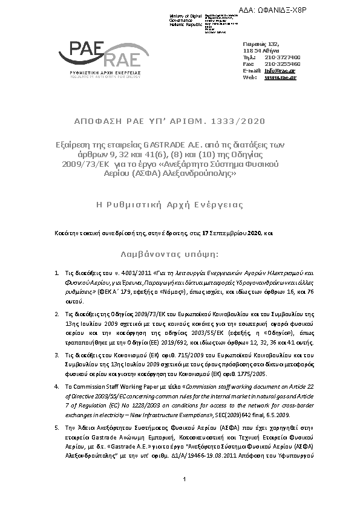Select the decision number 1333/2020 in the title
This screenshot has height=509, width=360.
click(x=243, y=122)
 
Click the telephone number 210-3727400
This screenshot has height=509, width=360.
click(x=282, y=57)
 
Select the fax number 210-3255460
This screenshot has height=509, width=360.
click(x=282, y=64)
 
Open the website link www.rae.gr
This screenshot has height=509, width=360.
click(x=280, y=77)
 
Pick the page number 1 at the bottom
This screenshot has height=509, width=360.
click(x=183, y=496)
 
